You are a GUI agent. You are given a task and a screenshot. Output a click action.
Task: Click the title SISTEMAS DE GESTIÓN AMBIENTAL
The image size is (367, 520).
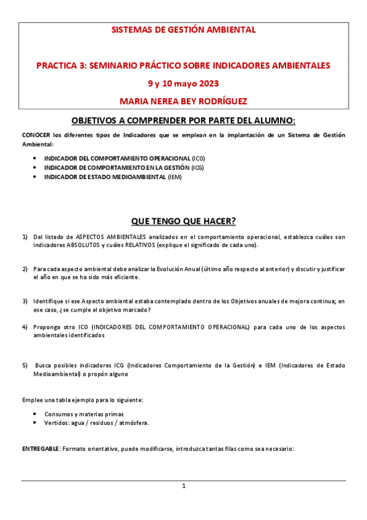point(183,29)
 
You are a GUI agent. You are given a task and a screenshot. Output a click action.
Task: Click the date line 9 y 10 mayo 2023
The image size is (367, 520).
point(183,83)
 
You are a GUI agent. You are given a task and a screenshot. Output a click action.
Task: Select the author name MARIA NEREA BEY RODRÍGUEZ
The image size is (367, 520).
point(183,101)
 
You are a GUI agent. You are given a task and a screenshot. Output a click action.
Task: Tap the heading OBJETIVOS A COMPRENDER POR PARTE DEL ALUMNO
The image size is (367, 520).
point(183,121)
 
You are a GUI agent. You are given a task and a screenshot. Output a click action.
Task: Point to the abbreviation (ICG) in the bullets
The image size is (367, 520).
point(197,167)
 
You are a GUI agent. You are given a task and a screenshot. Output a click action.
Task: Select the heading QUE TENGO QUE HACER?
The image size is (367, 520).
point(183,221)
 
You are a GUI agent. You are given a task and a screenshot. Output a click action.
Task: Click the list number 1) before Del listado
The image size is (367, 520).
point(25,237)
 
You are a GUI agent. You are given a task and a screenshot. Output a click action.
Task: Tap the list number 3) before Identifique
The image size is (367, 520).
point(25,301)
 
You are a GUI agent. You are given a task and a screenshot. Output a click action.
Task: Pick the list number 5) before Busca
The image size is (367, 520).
point(25,365)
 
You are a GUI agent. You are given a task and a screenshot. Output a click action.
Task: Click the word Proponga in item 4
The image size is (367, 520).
point(48,327)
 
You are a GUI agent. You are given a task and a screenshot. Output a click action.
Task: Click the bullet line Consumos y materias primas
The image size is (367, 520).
point(83,414)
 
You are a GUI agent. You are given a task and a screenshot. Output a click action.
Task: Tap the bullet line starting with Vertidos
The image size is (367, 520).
point(96,423)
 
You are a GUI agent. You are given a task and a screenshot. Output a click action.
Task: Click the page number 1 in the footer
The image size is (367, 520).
point(183,486)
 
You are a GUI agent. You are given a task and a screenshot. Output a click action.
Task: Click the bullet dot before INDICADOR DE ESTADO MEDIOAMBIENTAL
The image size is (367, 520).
point(34,177)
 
